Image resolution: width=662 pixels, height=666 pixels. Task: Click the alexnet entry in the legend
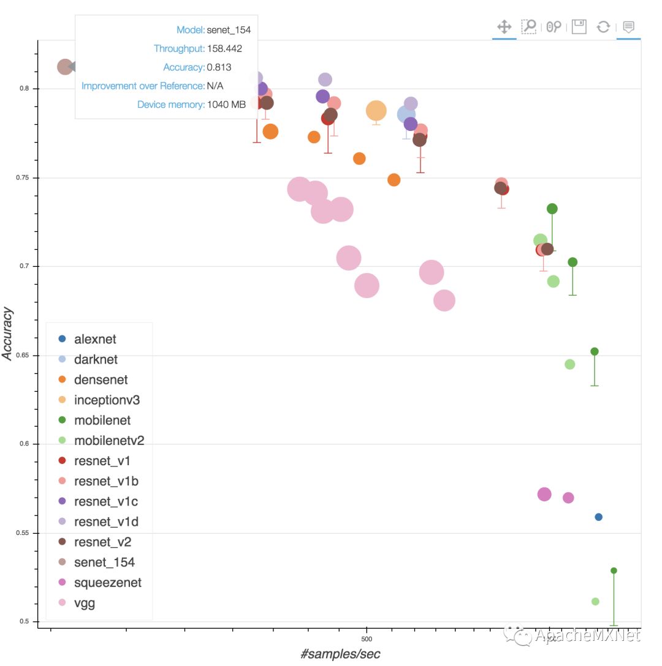tap(95, 339)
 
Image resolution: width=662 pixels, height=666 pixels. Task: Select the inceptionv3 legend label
tap(107, 400)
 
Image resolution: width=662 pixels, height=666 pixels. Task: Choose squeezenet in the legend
tap(107, 583)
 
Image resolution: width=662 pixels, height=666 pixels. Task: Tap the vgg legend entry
tap(85, 604)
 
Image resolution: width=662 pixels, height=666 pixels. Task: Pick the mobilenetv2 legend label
tap(108, 441)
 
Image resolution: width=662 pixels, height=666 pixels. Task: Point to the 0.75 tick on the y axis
tap(23, 178)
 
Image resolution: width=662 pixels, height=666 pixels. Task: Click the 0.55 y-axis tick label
tap(23, 533)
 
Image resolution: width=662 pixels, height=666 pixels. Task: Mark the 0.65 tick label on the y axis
tap(23, 356)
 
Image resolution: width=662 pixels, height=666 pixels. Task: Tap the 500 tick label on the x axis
tap(367, 638)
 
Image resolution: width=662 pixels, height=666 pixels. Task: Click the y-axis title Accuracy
tap(9, 334)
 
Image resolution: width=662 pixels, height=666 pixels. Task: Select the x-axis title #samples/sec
tap(340, 654)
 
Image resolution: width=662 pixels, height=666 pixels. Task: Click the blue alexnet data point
tap(599, 517)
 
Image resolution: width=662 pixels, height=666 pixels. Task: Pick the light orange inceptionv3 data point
tap(376, 111)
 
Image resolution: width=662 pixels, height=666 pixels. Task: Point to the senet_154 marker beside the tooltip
tap(65, 67)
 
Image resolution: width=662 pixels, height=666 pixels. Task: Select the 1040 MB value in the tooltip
tap(226, 105)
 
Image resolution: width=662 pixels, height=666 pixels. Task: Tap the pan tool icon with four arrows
tap(504, 26)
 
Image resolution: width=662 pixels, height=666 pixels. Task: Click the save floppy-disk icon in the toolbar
tap(579, 26)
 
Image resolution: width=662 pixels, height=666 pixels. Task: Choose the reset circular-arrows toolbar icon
tap(604, 26)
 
